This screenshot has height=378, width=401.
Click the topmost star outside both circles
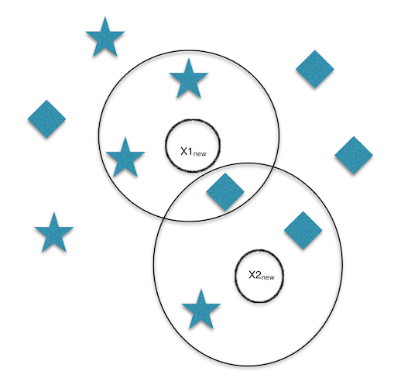[105, 38]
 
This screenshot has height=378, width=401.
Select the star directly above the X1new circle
[189, 80]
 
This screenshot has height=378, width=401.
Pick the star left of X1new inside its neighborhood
[125, 159]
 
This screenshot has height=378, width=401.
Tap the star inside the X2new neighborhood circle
[201, 311]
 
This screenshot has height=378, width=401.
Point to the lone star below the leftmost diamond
[54, 234]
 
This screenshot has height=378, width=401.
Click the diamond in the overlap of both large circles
[225, 191]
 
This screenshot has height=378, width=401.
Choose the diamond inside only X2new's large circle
[303, 230]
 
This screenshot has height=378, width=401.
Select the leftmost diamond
[46, 119]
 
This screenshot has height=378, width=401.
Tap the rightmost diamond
[354, 155]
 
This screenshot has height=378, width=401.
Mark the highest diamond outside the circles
[315, 69]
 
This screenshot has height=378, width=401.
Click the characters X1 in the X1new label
[187, 151]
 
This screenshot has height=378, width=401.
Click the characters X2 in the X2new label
[255, 275]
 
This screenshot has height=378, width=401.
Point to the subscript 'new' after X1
[200, 154]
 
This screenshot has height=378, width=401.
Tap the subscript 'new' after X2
[268, 277]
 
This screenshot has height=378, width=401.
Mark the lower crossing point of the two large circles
[165, 218]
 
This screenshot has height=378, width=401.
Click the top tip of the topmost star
[105, 17]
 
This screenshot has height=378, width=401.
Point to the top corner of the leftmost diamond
[46, 100]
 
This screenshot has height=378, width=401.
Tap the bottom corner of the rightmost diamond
[354, 174]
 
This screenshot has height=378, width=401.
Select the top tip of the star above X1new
[189, 58]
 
